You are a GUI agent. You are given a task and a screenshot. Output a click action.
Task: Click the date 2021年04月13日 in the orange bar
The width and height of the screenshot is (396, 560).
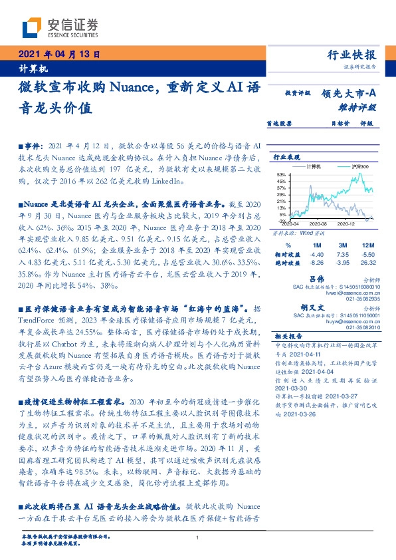click(x=58, y=55)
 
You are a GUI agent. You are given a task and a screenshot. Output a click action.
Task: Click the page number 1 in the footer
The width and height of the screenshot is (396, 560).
click(x=197, y=537)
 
